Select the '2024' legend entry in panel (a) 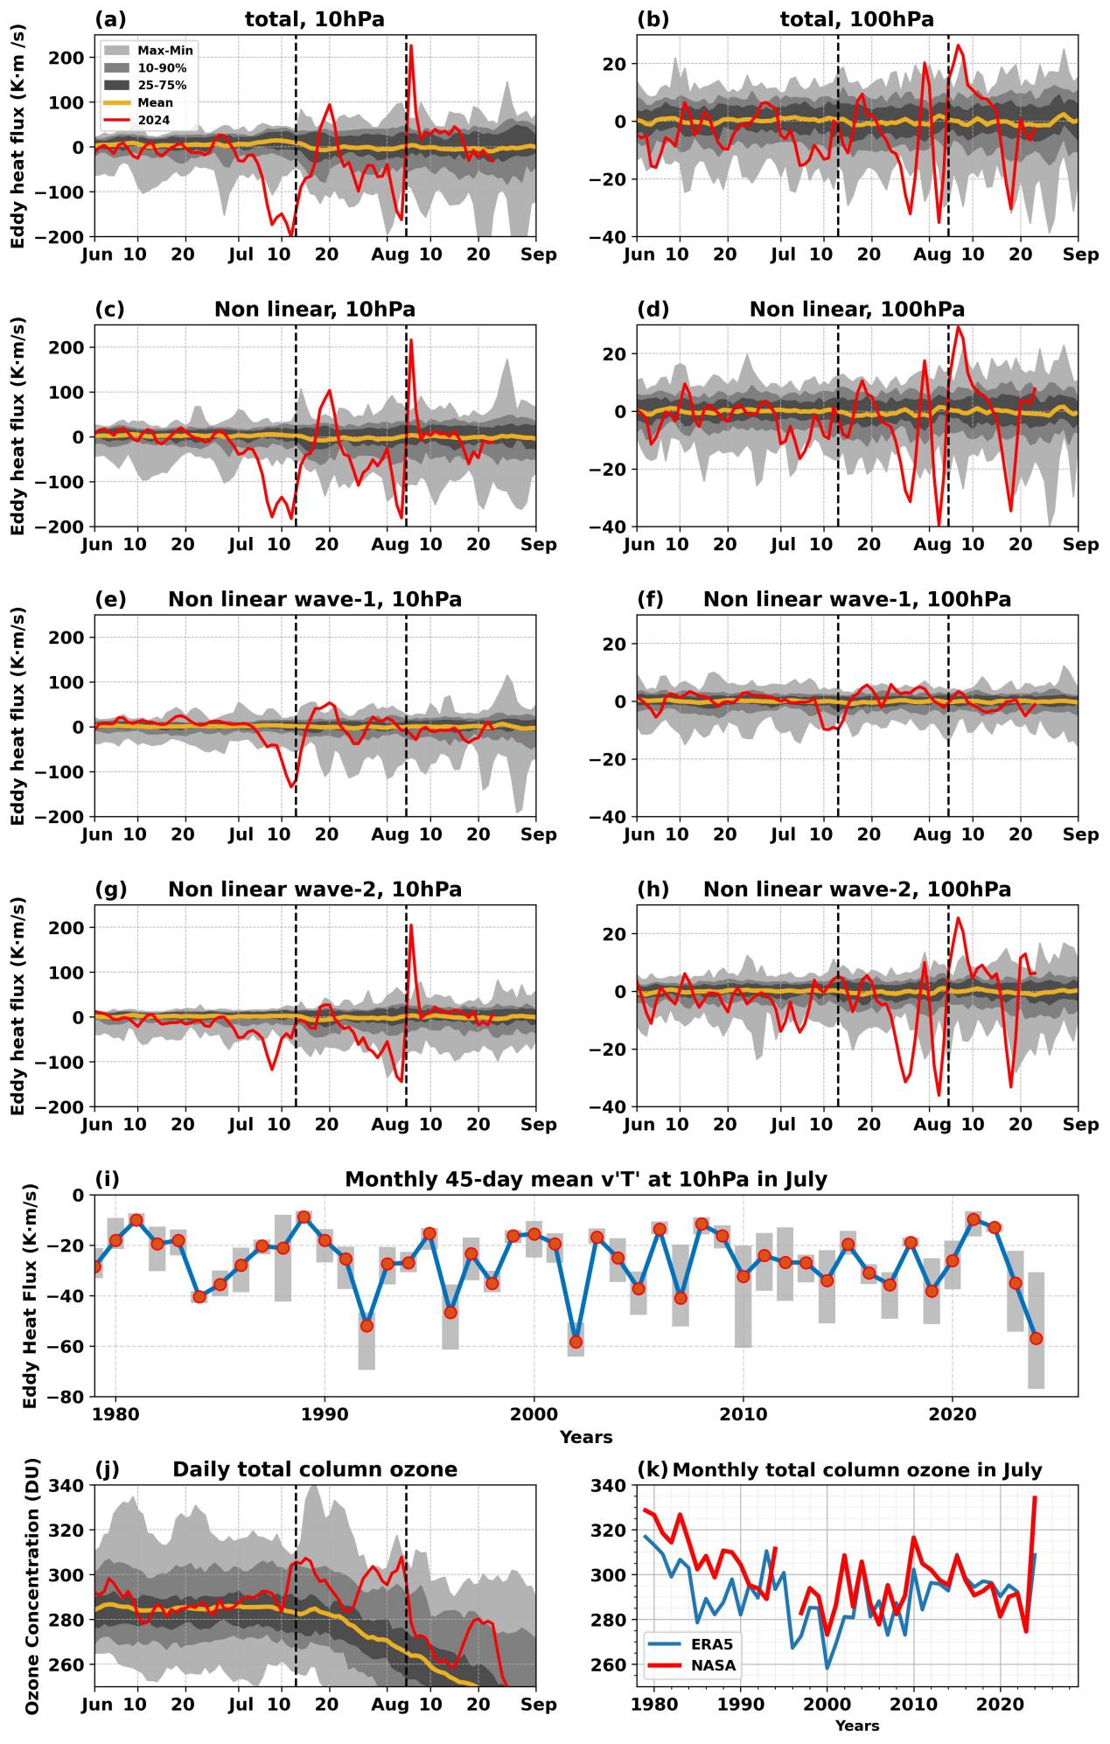153,120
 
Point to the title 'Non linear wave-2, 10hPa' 315,889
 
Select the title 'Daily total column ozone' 315,1469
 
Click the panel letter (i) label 107,1179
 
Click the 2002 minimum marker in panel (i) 576,1342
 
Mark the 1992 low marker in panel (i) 367,1326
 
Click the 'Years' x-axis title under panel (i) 586,1437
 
